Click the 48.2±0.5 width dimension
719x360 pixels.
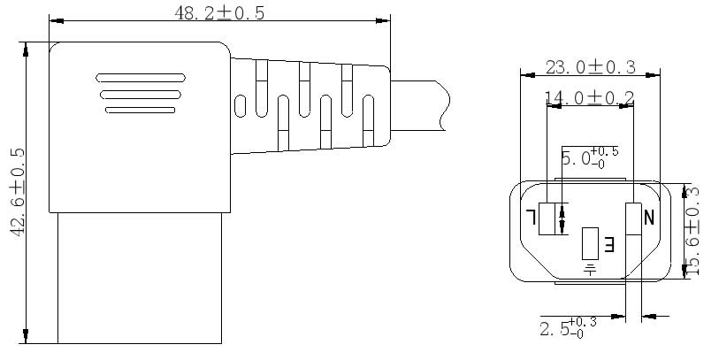click(219, 13)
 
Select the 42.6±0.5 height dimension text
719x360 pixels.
click(18, 192)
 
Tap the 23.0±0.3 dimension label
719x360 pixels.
click(591, 67)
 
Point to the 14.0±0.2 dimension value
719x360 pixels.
click(589, 97)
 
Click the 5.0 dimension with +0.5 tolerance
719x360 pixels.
click(590, 157)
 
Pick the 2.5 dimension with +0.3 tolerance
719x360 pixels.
click(568, 328)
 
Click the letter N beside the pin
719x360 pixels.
click(649, 218)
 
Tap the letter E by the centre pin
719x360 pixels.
click(609, 244)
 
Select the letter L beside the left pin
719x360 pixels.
click(531, 217)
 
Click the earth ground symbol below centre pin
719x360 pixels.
click(590, 269)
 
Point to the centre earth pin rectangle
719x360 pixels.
click(590, 243)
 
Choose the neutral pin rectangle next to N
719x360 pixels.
click(634, 218)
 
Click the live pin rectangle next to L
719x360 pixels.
click(547, 218)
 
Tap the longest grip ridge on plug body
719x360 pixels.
click(141, 78)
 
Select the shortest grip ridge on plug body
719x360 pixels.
click(141, 110)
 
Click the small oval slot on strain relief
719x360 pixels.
click(240, 106)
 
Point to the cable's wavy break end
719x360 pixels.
click(444, 105)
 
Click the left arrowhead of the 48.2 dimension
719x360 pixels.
click(56, 20)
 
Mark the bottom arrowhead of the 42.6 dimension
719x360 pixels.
click(26, 336)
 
